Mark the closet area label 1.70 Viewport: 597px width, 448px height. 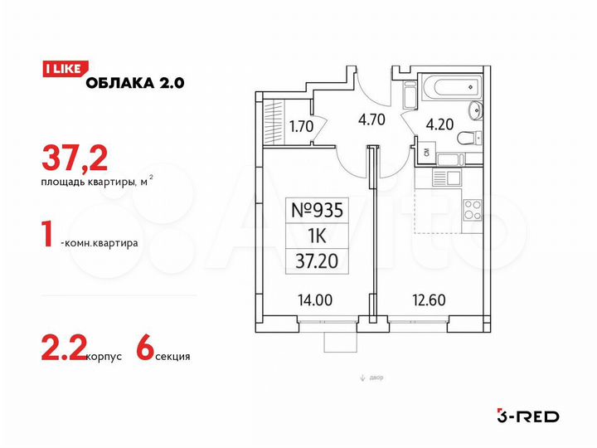pyautogui.click(x=300, y=128)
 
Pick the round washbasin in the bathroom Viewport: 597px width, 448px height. pyautogui.click(x=473, y=112)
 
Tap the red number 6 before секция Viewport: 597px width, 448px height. pyautogui.click(x=143, y=353)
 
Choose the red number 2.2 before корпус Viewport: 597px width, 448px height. pyautogui.click(x=61, y=353)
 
